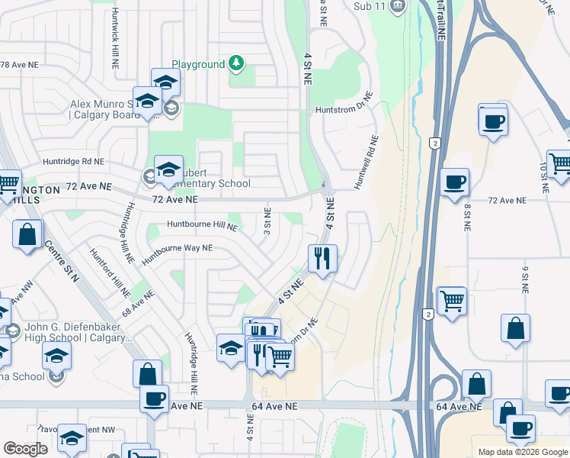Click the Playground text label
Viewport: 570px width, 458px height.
click(x=198, y=65)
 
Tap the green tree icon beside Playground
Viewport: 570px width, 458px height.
click(x=237, y=63)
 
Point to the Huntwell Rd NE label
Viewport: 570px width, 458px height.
click(x=367, y=163)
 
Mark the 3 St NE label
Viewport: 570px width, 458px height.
click(x=267, y=221)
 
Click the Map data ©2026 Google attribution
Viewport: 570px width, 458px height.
click(x=522, y=452)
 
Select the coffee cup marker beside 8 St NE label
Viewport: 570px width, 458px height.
click(x=454, y=182)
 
